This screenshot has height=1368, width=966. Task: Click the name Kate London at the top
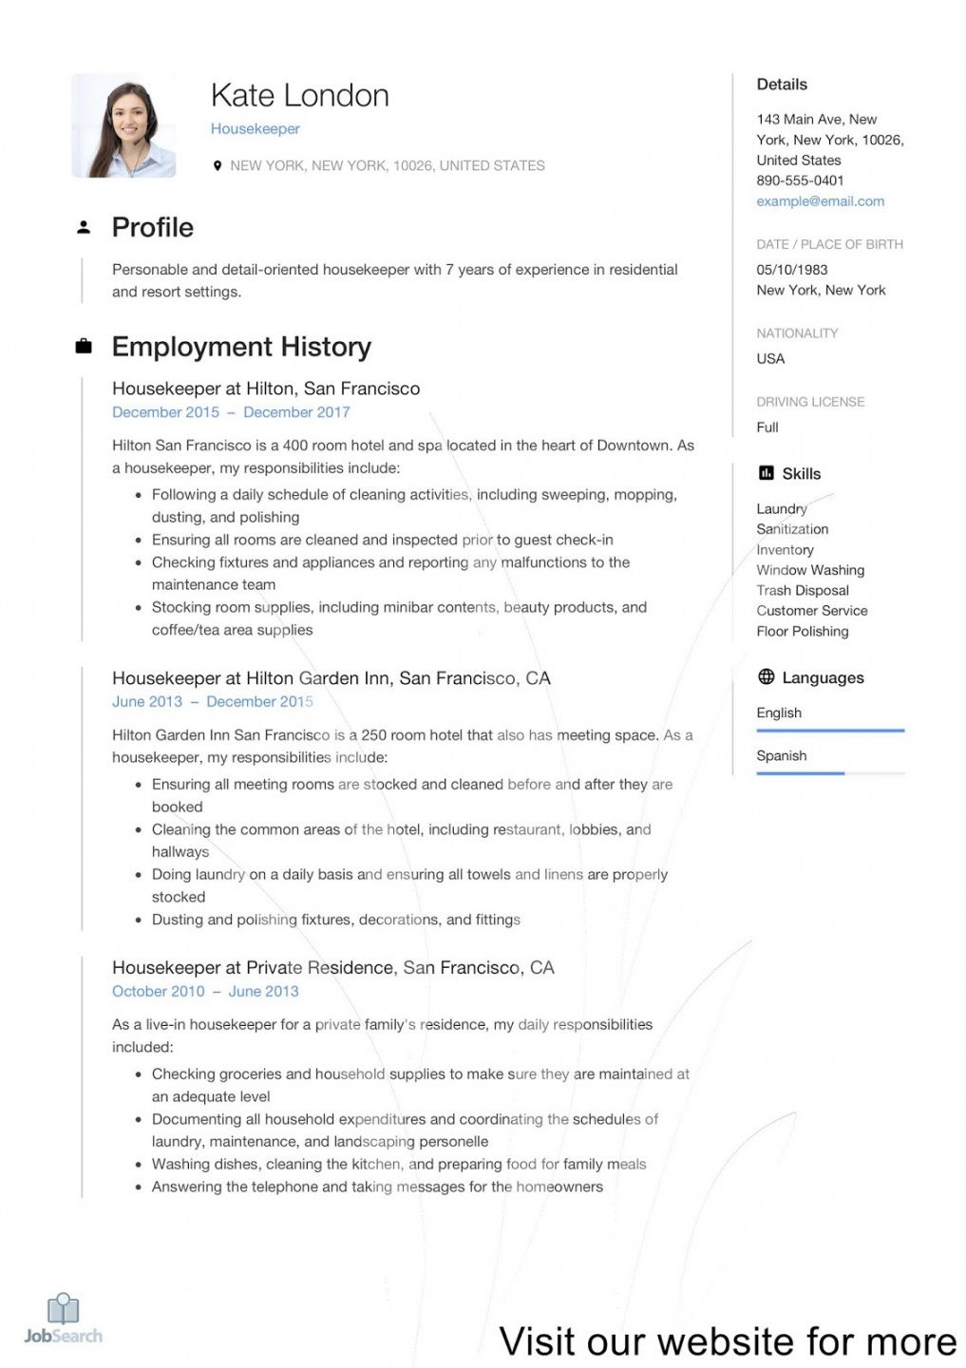299,96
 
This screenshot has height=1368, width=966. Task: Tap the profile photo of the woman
123,125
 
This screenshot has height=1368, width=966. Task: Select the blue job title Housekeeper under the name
255,129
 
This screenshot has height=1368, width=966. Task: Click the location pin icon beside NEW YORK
218,165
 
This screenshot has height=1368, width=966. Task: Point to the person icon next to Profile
84,227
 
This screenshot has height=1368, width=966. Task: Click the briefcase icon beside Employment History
84,347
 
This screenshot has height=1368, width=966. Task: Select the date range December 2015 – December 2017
231,412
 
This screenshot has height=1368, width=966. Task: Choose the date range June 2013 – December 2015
212,701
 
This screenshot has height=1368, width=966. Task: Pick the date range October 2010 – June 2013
205,991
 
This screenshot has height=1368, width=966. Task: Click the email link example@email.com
820,201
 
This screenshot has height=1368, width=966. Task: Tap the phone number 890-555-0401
800,180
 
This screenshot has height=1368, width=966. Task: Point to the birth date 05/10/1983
791,270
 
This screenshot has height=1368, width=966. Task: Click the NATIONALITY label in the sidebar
797,333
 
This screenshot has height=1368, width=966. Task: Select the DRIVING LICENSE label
810,402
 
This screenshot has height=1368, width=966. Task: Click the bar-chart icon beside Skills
767,473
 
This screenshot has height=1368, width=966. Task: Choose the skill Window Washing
810,570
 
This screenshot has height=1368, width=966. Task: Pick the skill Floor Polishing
802,632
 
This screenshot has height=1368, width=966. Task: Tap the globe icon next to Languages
767,677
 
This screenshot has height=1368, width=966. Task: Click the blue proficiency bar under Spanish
800,773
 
